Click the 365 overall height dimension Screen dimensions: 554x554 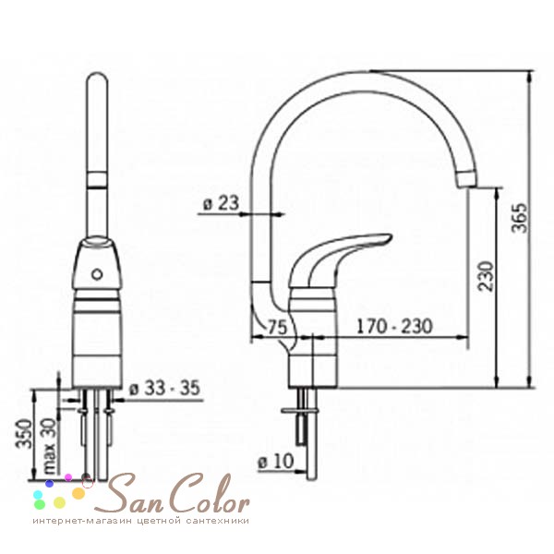pyautogui.click(x=519, y=218)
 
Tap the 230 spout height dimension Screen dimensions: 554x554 pyautogui.click(x=485, y=276)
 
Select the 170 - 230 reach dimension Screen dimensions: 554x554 pyautogui.click(x=394, y=326)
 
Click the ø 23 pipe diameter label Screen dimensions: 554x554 pyautogui.click(x=222, y=203)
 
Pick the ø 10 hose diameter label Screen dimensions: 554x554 pyautogui.click(x=276, y=461)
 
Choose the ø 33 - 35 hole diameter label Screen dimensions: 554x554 pyautogui.click(x=164, y=388)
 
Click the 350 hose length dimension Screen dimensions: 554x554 pyautogui.click(x=24, y=433)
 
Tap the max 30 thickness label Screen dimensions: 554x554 pyautogui.click(x=50, y=446)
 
